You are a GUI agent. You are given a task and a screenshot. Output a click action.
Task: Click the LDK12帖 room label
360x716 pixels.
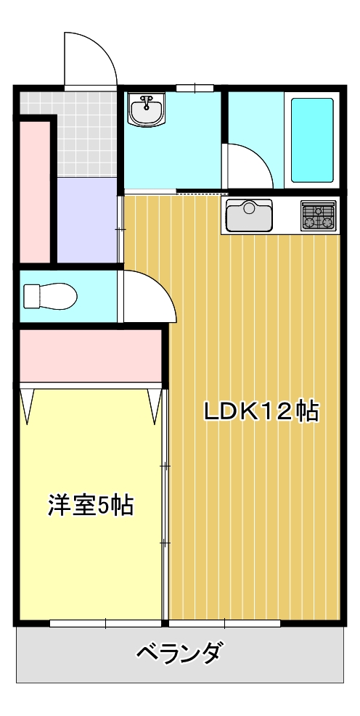pos(261,411)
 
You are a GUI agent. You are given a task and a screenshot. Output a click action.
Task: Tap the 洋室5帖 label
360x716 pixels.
pos(91,506)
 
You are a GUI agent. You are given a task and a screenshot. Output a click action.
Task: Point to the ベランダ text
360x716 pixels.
pos(181,653)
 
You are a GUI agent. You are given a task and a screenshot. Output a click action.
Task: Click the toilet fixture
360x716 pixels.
pos(50,296)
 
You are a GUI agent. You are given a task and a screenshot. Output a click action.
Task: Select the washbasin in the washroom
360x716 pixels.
pos(146,110)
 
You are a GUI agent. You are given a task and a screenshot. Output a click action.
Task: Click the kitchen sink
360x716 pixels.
pos(249,215)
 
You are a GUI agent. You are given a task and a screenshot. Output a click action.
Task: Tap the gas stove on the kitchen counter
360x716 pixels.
pos(318,215)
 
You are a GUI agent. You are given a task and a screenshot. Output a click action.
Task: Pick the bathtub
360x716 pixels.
pos(313,140)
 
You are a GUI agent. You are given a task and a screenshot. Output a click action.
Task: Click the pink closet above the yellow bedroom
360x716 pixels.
pos(91,355)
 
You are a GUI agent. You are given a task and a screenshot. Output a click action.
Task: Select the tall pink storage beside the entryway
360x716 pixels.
pos(35,192)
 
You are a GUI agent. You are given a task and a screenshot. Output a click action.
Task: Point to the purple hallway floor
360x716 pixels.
pos(87,220)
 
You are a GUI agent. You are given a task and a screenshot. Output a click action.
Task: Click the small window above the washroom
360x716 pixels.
pos(195,88)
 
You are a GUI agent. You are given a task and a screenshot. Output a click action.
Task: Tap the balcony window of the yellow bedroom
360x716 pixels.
pos(105,623)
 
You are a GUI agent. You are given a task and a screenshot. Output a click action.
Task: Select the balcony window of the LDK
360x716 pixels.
pos(225,623)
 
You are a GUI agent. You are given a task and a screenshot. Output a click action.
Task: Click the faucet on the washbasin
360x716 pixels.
pos(146,102)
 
